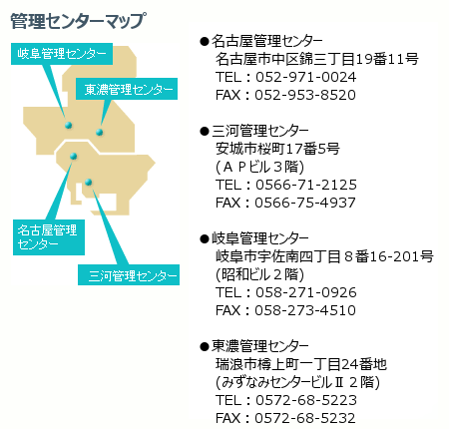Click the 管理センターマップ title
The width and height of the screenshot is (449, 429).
(x=78, y=21)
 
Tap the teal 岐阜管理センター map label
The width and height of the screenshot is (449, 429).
(x=62, y=54)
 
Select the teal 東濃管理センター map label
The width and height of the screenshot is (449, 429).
(x=127, y=89)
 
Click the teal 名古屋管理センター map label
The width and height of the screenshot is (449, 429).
(x=49, y=237)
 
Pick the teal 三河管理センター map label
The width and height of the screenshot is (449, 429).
(x=129, y=274)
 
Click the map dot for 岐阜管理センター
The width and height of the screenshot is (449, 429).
(x=69, y=125)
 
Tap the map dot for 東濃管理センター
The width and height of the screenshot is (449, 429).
(x=99, y=132)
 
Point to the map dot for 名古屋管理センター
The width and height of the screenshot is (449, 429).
(x=74, y=156)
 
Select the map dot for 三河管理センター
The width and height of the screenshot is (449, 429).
(x=88, y=182)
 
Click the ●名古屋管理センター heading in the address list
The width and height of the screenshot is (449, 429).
(x=261, y=41)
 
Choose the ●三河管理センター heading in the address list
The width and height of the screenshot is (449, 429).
(x=254, y=131)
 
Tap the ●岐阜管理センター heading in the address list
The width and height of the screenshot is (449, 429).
(x=254, y=238)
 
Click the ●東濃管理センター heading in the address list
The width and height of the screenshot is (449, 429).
(x=254, y=346)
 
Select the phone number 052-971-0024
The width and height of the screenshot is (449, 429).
(x=306, y=77)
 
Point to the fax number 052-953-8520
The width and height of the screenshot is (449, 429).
(x=305, y=95)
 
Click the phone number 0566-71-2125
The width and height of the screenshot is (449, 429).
(x=306, y=185)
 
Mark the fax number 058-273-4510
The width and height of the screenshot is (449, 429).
(x=305, y=310)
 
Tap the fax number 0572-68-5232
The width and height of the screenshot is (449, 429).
(x=305, y=418)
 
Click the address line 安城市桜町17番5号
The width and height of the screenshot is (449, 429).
(x=277, y=149)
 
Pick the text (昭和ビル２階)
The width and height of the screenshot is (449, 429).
(x=259, y=274)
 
